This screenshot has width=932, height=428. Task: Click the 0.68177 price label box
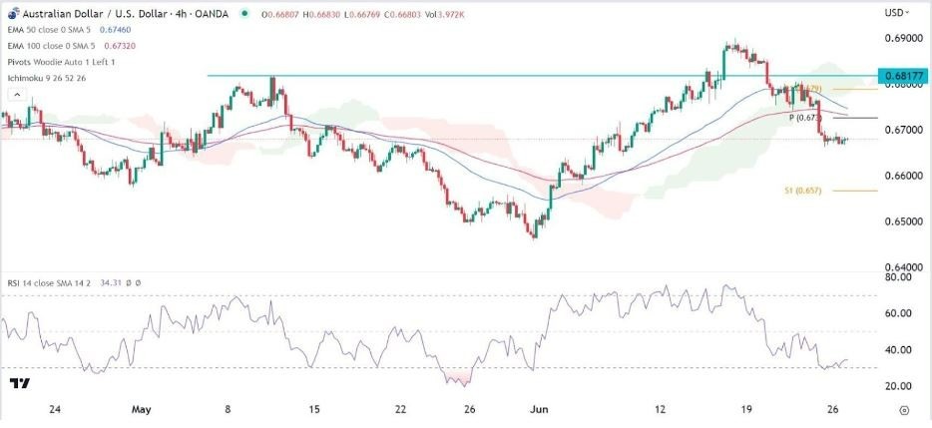tap(902, 76)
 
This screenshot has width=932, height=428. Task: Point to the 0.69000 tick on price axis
tap(901, 38)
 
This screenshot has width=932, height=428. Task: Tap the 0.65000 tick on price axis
tap(901, 221)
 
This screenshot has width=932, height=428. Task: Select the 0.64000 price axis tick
tap(901, 267)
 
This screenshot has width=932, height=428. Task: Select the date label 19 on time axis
tap(743, 410)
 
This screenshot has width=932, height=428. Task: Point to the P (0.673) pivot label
tap(804, 118)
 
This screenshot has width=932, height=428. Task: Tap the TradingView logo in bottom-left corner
tap(20, 383)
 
